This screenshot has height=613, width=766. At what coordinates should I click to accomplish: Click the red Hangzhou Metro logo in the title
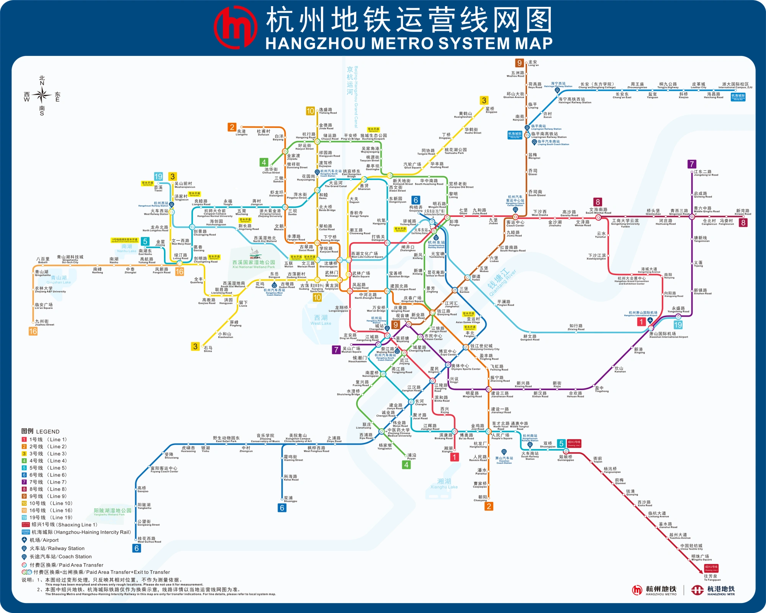[235, 28]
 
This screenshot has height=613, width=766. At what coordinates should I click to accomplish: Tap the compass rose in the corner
[42, 95]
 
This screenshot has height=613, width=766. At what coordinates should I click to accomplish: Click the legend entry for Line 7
[44, 482]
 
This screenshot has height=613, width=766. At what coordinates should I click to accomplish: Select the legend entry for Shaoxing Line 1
[59, 524]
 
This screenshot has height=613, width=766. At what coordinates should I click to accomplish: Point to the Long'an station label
[533, 63]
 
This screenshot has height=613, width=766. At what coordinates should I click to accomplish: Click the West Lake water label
[321, 320]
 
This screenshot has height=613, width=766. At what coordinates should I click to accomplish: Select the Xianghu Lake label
[444, 484]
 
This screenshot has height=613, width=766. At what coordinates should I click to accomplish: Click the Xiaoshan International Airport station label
[668, 335]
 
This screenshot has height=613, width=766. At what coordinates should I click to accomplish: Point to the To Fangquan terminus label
[712, 577]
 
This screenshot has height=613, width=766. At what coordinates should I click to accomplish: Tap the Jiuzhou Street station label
[44, 323]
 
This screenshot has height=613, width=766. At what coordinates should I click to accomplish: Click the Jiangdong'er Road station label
[705, 173]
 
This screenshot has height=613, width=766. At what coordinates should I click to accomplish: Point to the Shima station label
[208, 349]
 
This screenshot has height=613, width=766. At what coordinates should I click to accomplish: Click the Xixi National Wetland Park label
[254, 264]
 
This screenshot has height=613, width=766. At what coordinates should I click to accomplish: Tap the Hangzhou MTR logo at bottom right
[713, 590]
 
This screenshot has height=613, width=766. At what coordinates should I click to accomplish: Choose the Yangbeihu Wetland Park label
[112, 512]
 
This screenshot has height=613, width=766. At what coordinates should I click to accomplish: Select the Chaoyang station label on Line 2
[481, 498]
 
